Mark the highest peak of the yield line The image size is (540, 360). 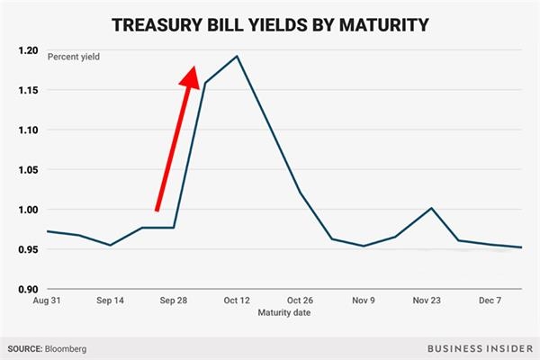(237, 56)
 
